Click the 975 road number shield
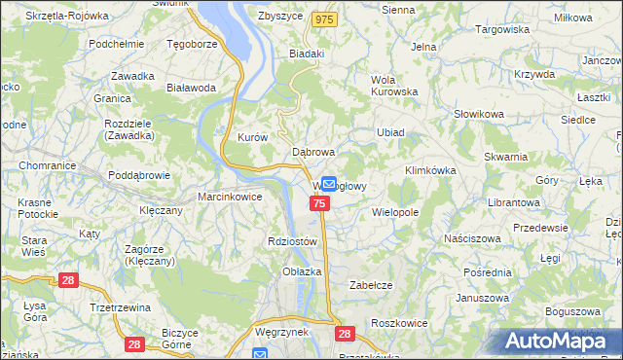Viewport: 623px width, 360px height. pos(325,19)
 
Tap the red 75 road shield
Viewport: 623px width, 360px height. pos(320,202)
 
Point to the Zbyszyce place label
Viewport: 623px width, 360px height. pos(280,17)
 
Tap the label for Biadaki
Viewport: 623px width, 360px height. pos(306,54)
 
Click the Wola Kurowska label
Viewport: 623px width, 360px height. pos(394,86)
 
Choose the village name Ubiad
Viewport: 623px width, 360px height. pos(390,132)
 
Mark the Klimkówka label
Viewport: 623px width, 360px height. pos(430,170)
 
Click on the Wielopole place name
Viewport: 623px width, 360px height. pos(395,211)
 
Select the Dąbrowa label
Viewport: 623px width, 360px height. pos(313,152)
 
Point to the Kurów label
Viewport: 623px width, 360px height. pos(252,138)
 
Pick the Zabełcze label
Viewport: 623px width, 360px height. pos(370,285)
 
